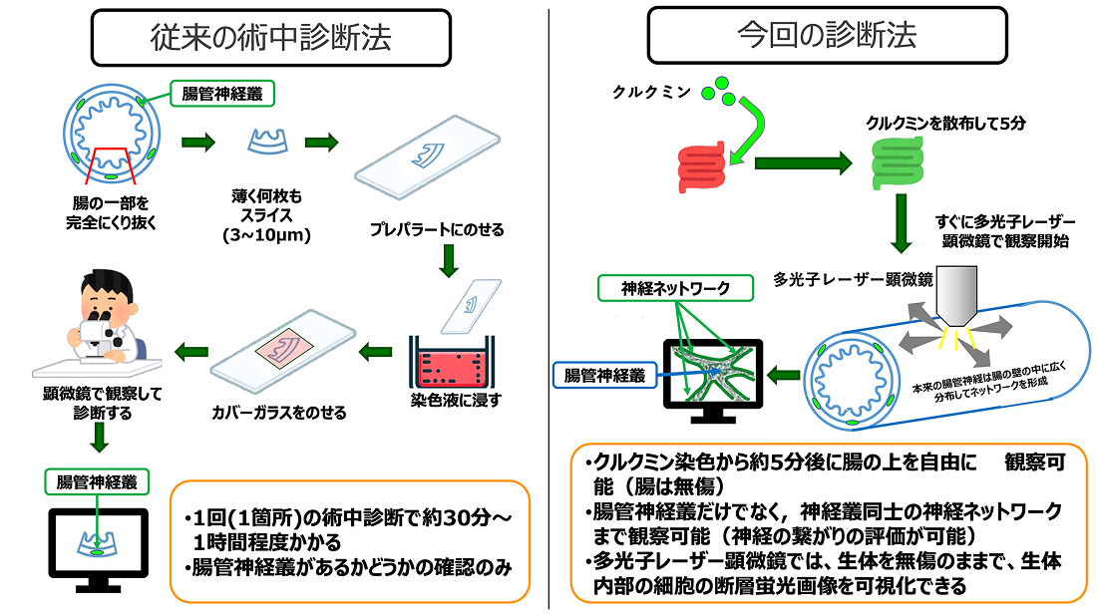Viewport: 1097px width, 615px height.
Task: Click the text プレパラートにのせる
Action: [435, 230]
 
